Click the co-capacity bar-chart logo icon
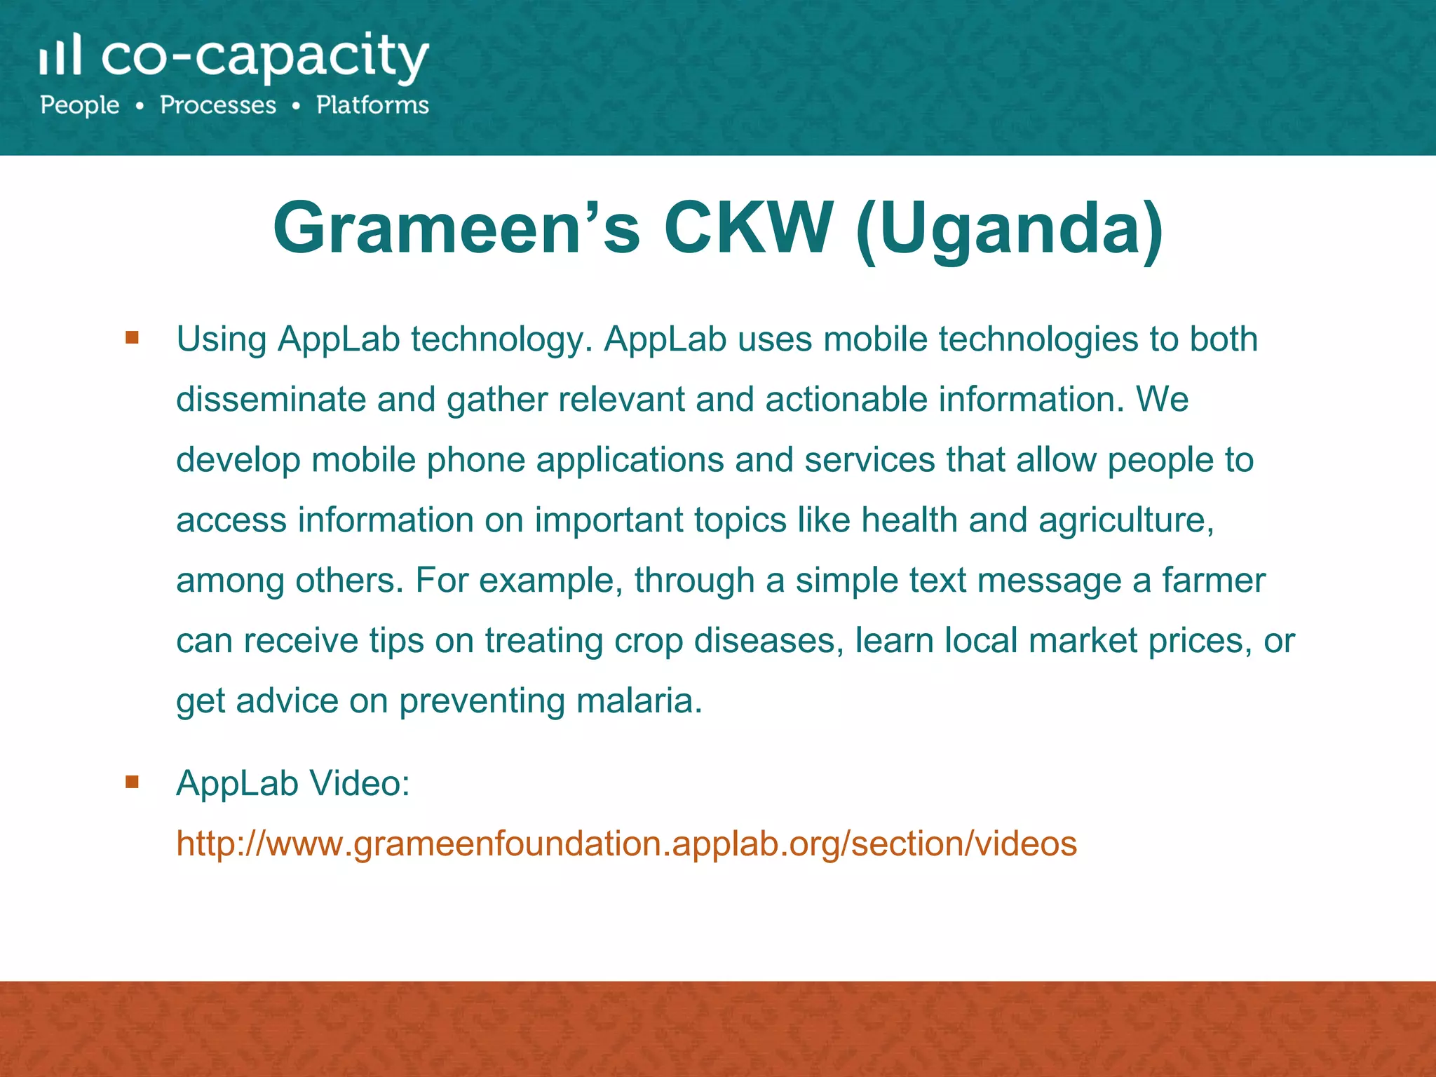60,55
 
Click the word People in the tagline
80,105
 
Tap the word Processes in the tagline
218,105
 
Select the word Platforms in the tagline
372,105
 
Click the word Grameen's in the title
456,228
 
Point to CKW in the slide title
747,228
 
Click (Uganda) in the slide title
1010,228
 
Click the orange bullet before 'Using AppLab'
132,338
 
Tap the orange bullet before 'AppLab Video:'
132,781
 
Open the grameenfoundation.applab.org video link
626,843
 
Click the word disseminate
271,399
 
